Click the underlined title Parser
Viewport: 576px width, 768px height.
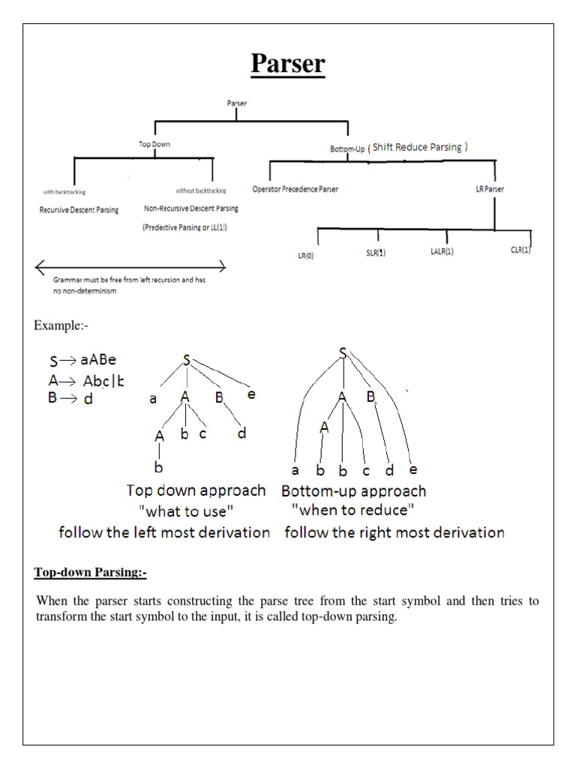click(x=288, y=64)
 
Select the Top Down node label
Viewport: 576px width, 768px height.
click(x=154, y=144)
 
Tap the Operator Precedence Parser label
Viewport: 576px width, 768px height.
click(x=295, y=189)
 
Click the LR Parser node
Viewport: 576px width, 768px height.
click(x=490, y=189)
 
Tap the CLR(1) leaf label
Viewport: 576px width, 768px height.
click(x=515, y=250)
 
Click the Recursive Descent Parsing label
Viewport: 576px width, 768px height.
click(x=79, y=210)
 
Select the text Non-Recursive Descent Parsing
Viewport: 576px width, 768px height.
click(x=190, y=208)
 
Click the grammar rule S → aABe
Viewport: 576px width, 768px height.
click(x=83, y=361)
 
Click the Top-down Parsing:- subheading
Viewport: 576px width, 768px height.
click(x=91, y=574)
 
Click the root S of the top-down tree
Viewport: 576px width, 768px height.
click(x=185, y=360)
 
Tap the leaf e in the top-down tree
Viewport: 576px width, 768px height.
click(x=250, y=392)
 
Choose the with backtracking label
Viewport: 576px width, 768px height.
click(x=65, y=191)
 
